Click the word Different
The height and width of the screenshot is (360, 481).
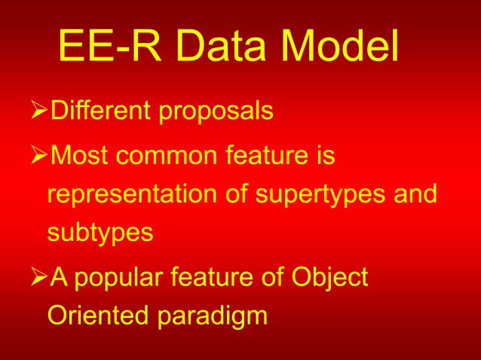(x=97, y=112)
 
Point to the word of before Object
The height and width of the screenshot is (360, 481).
(x=272, y=278)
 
